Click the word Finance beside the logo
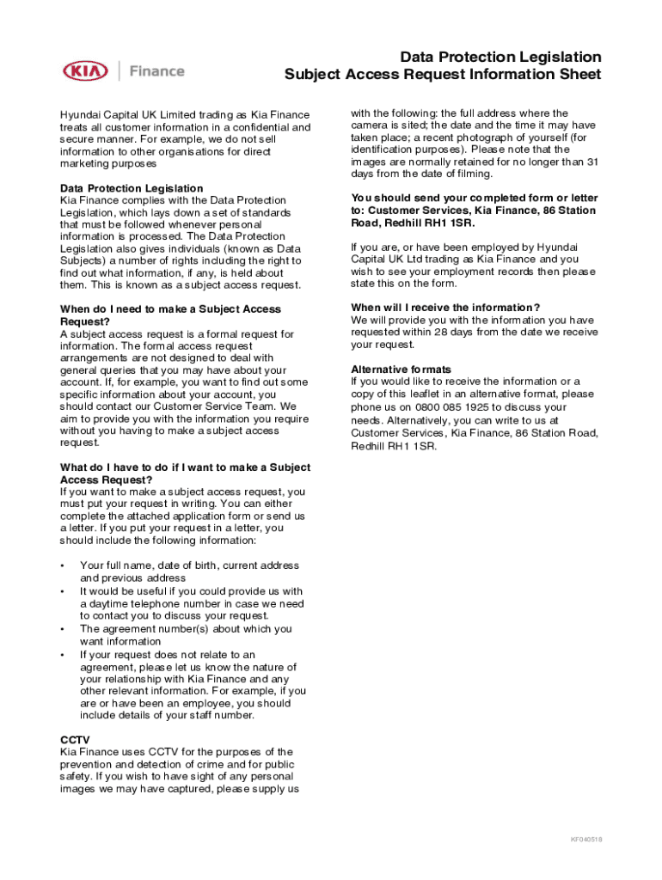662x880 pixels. click(x=156, y=71)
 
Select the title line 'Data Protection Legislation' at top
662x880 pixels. click(x=500, y=57)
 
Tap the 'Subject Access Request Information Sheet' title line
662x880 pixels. click(x=443, y=75)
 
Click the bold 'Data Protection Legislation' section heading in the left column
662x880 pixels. click(x=132, y=188)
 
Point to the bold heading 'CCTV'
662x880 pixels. click(x=75, y=739)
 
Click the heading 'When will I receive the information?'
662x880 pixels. click(x=445, y=308)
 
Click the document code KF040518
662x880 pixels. click(x=586, y=840)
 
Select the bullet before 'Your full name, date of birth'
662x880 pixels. click(x=62, y=565)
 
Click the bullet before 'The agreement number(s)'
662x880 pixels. click(x=62, y=629)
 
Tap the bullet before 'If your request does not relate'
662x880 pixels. click(x=62, y=655)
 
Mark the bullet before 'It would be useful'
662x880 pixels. click(x=62, y=591)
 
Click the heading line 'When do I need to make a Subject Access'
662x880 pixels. click(x=170, y=309)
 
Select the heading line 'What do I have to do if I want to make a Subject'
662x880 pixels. click(x=185, y=467)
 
